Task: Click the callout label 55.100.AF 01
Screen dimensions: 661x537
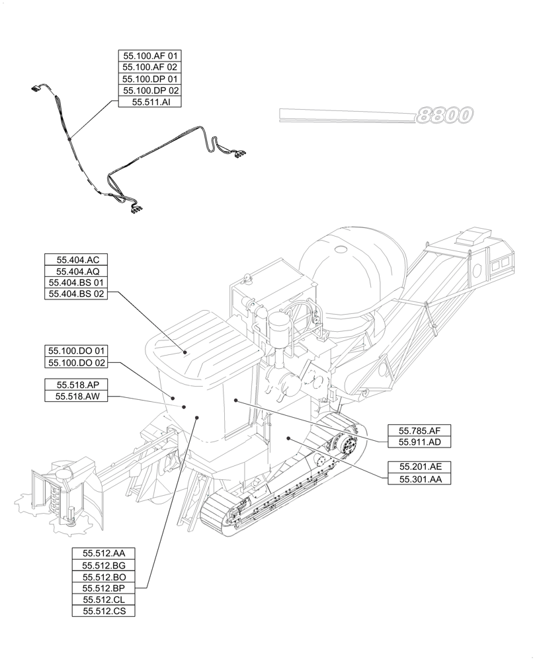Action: point(150,56)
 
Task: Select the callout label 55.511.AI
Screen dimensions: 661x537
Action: point(150,102)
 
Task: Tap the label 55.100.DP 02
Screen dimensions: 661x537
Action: point(150,91)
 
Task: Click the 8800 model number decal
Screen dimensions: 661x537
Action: point(444,116)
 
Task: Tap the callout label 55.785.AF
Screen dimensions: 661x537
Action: point(419,430)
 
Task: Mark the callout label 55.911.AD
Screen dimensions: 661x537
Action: point(419,442)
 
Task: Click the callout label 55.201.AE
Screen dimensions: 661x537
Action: point(419,467)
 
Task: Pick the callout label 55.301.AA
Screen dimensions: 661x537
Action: point(419,479)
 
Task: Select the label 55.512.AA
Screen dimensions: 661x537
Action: point(104,553)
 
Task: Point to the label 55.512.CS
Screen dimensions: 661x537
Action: point(104,611)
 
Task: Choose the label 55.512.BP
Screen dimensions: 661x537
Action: point(104,588)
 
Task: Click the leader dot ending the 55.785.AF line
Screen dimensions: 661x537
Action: point(235,400)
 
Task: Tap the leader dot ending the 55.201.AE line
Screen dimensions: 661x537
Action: point(289,438)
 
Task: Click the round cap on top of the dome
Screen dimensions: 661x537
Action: point(341,250)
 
